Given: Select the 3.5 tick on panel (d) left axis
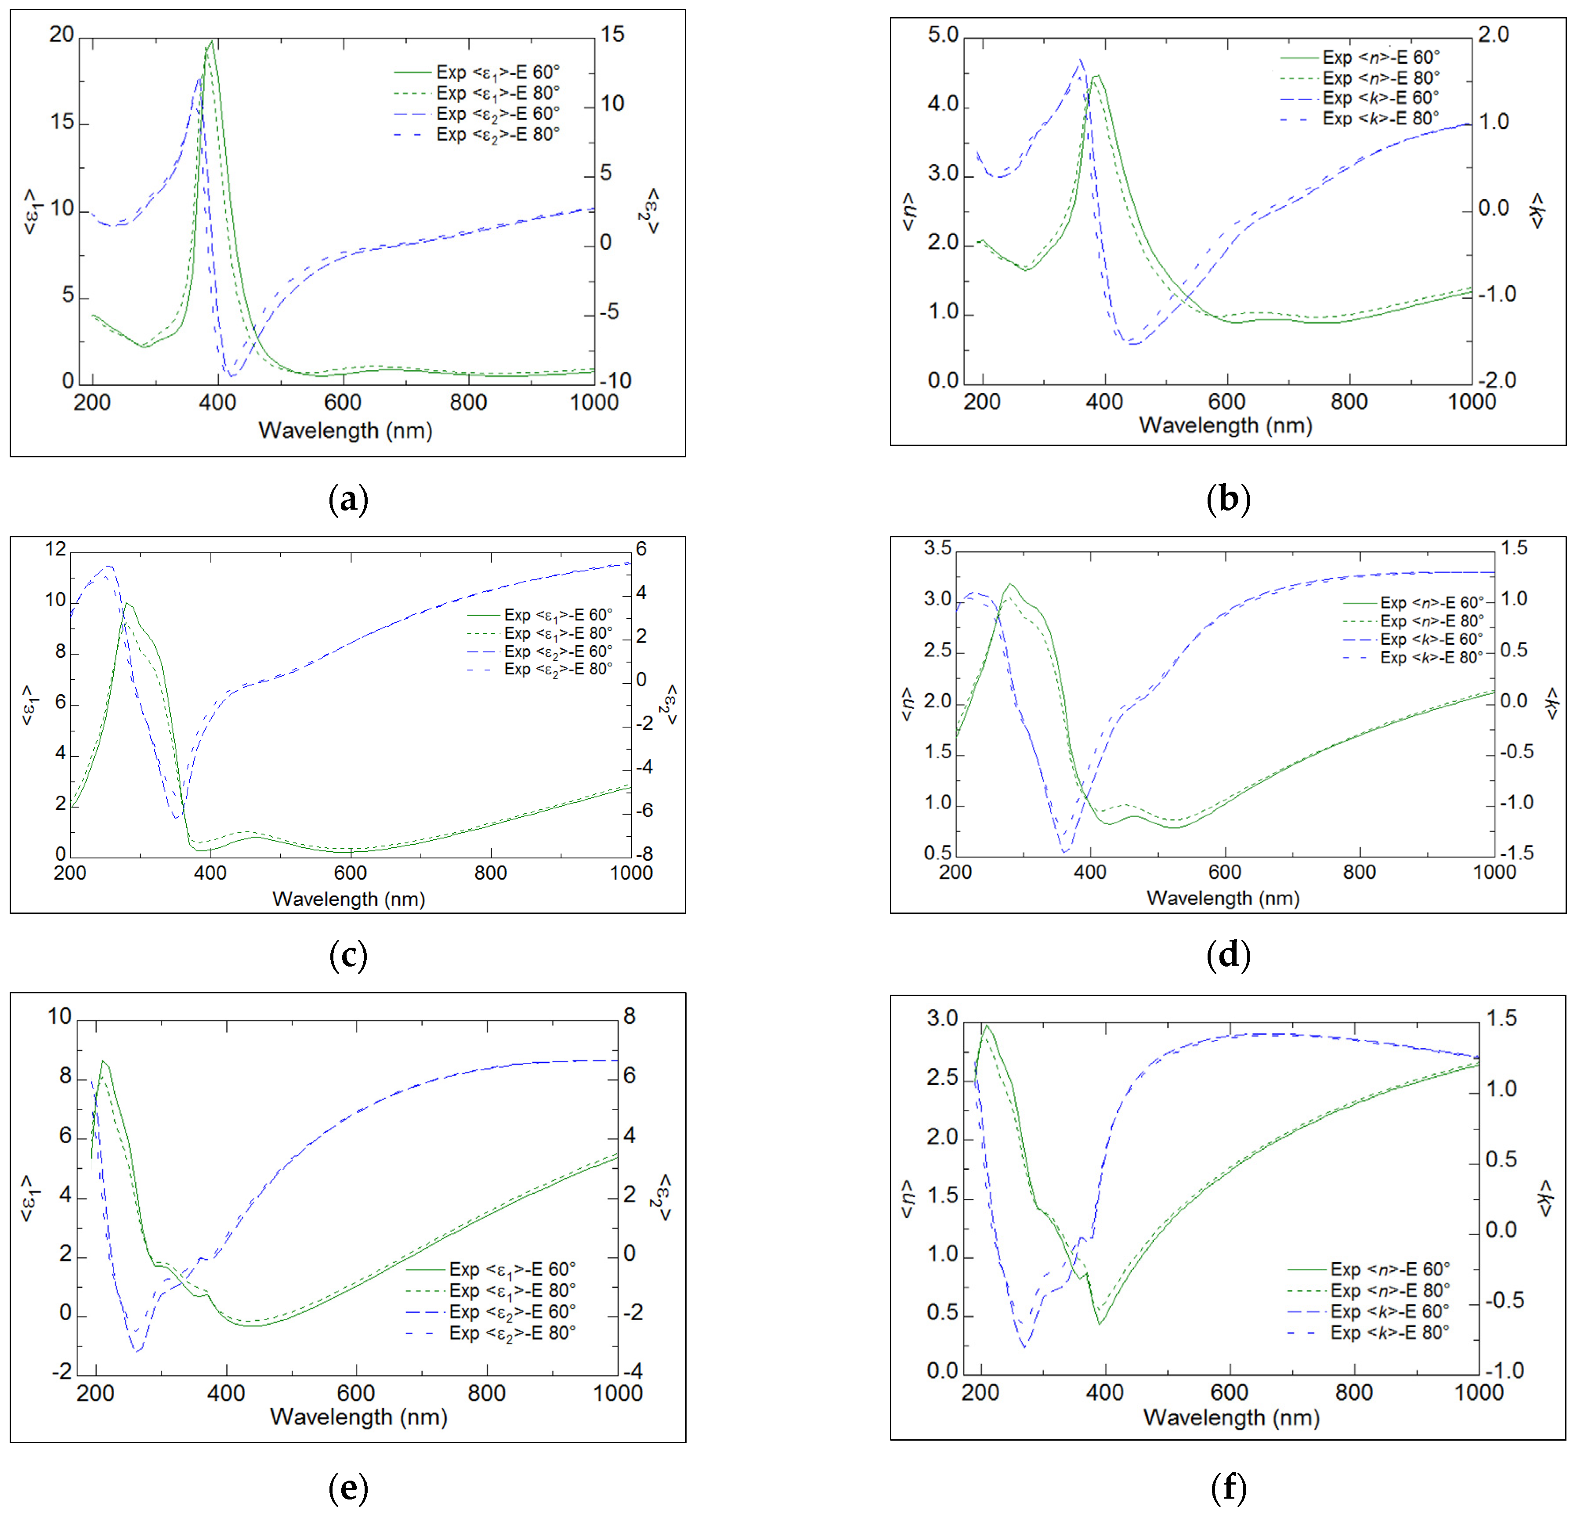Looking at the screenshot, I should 937,549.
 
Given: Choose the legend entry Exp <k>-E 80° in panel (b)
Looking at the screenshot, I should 1380,118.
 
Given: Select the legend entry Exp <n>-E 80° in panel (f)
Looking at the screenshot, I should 1389,1290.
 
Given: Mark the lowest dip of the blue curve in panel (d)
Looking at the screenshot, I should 1063,851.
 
